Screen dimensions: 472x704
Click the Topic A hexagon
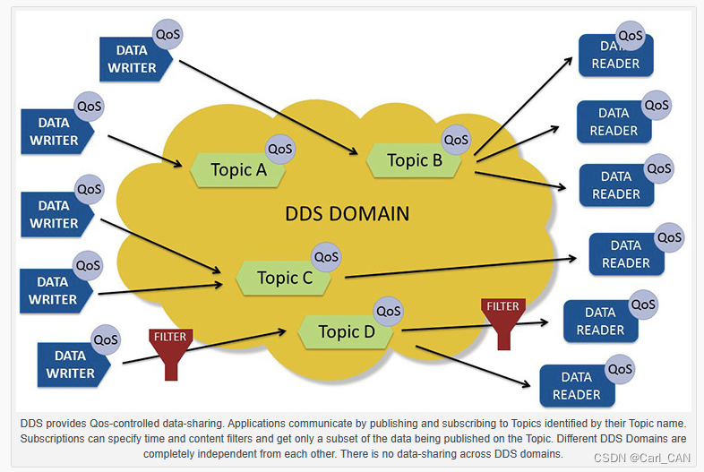[x=237, y=169]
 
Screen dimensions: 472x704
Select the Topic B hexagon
[x=414, y=161]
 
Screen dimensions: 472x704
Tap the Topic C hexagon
[x=284, y=278]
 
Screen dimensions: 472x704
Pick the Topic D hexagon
[x=346, y=332]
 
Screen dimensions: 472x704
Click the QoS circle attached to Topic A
[x=280, y=150]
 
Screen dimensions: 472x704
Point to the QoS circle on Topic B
[x=456, y=140]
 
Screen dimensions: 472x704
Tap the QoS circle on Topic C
[x=326, y=256]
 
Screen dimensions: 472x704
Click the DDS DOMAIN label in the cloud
[x=347, y=214]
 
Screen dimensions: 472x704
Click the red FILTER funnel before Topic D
[x=170, y=353]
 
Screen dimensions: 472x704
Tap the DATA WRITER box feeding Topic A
[x=54, y=131]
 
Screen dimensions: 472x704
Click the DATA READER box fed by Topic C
[x=625, y=253]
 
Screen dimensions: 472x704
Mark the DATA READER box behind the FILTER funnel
[x=599, y=321]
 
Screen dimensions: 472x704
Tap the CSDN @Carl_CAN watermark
[x=643, y=457]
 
